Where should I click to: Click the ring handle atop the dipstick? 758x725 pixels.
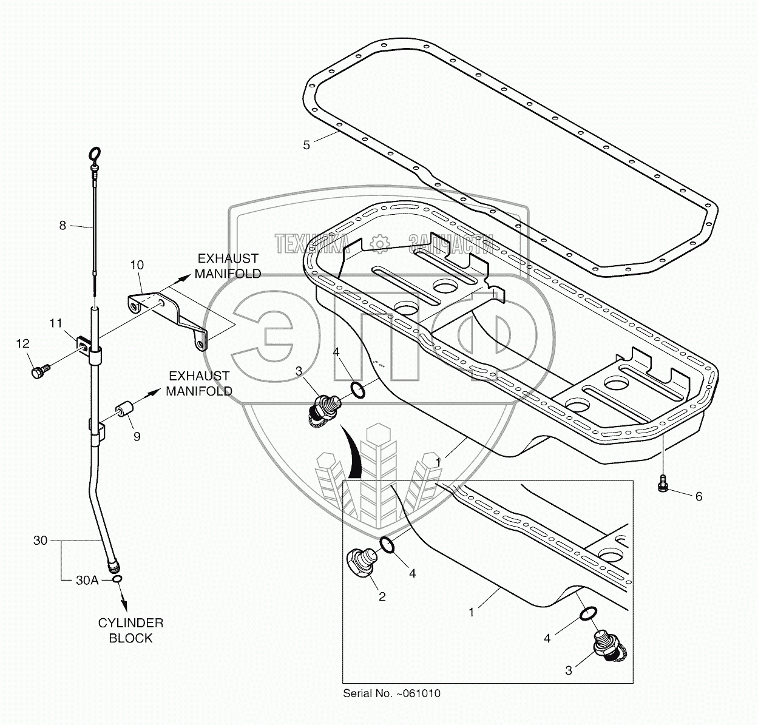[95, 153]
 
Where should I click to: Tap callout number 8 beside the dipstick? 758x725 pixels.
[63, 226]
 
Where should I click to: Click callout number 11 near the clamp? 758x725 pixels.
[56, 323]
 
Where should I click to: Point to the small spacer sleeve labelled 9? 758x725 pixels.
[124, 410]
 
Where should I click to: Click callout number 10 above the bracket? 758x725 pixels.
[137, 265]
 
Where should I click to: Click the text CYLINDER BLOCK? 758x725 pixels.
[131, 630]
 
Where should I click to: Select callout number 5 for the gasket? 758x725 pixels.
[306, 145]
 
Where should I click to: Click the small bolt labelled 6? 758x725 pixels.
[662, 484]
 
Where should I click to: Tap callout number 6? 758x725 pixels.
[699, 496]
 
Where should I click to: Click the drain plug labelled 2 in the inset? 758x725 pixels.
[362, 561]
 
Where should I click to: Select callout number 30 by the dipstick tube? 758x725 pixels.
[41, 541]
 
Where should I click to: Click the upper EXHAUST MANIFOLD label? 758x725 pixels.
[228, 266]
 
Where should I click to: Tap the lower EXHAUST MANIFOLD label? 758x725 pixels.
[199, 383]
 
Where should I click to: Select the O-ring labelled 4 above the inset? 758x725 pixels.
[358, 390]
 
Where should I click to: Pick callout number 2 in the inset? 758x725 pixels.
[382, 596]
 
